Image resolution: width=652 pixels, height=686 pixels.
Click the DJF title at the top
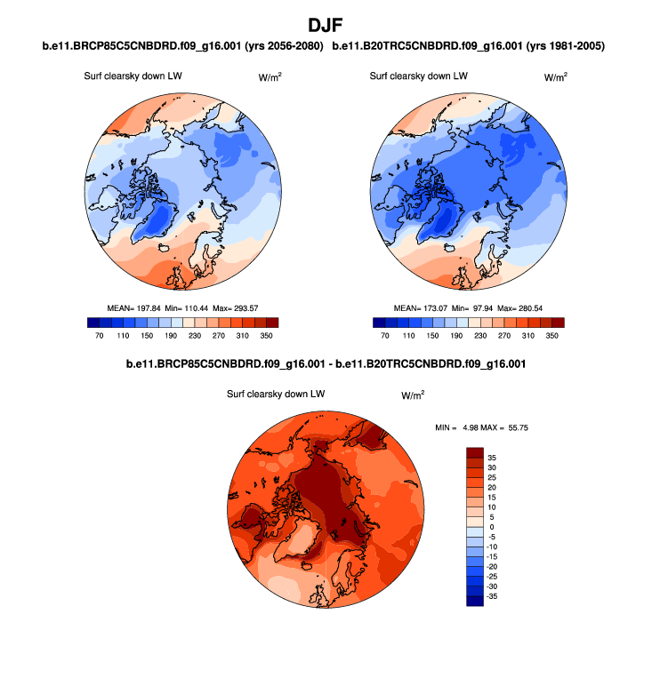pos(326,24)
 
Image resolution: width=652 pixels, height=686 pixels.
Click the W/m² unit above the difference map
pos(413,395)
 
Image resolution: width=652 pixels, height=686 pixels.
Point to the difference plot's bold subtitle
pos(326,364)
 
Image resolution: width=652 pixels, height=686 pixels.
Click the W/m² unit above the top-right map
pos(555,77)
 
